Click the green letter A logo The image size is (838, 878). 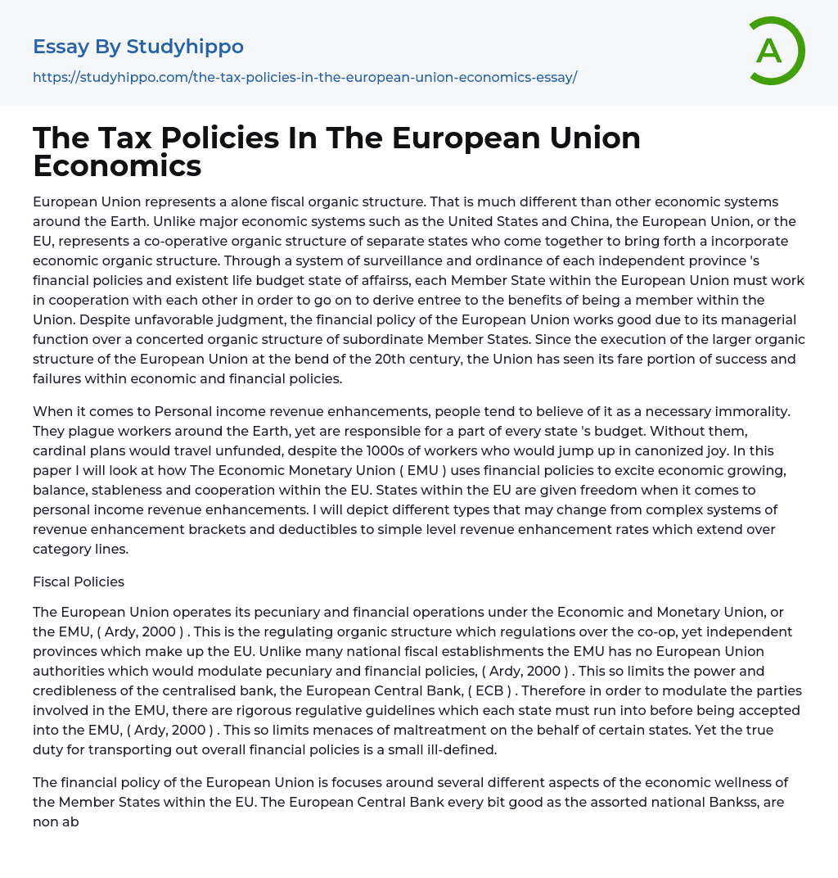776,51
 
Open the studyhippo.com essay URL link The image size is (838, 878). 304,78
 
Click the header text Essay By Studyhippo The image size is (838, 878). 138,47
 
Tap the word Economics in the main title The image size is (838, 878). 117,165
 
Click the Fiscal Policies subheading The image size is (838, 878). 79,582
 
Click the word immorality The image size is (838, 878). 754,411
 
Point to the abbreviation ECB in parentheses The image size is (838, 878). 489,690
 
